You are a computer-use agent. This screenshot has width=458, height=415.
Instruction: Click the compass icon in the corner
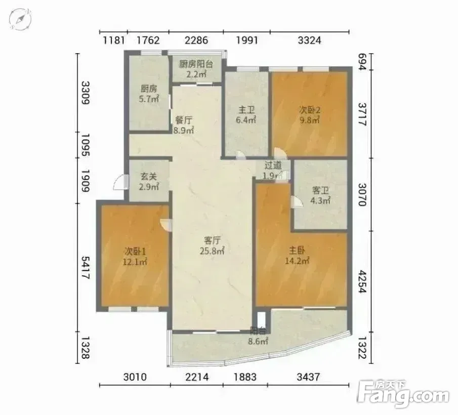20,19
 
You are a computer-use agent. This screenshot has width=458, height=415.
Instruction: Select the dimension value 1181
114,39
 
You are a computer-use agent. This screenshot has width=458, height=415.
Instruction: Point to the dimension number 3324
309,39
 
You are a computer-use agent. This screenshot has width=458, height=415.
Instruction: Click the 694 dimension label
362,62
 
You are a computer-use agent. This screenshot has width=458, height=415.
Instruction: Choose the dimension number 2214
196,377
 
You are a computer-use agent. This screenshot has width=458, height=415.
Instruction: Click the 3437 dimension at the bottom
308,377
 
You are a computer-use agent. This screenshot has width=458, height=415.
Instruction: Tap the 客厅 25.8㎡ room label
212,245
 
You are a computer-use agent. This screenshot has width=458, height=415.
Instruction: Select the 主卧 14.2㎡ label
297,256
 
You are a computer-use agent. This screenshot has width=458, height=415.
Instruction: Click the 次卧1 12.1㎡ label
135,256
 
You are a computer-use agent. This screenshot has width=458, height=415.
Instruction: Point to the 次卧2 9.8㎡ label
309,115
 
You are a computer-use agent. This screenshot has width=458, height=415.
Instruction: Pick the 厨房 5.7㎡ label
149,94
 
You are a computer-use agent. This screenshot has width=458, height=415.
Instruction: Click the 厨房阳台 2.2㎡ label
196,69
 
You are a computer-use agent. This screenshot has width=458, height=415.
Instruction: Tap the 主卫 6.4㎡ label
246,115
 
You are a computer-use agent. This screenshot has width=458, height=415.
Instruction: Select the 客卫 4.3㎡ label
320,195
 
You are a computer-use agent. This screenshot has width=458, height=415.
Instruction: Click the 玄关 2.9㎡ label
149,181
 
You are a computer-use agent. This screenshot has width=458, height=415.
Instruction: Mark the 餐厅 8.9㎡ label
183,125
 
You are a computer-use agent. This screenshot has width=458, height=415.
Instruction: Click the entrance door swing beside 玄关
120,183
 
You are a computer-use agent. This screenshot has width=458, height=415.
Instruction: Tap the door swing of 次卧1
166,224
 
